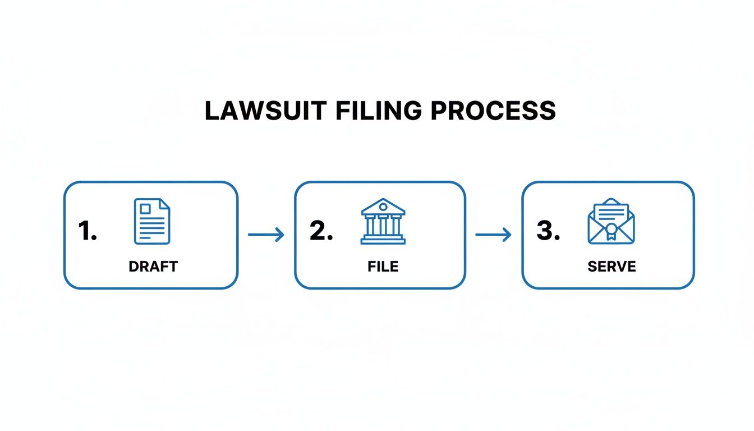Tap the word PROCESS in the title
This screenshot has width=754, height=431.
493,111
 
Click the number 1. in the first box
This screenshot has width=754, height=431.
87,231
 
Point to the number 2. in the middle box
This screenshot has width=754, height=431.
321,231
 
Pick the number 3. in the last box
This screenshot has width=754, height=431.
548,231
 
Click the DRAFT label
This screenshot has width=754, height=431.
153,267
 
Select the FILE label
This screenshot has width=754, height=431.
383,267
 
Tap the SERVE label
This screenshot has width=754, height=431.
612,267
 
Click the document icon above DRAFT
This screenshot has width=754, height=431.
152,221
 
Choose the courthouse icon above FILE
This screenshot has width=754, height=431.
383,221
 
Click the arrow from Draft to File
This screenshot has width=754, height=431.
266,235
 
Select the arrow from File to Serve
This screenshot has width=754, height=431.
493,235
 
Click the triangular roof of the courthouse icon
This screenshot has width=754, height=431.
383,205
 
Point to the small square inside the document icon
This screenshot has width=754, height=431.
145,209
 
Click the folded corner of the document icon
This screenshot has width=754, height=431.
164,204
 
